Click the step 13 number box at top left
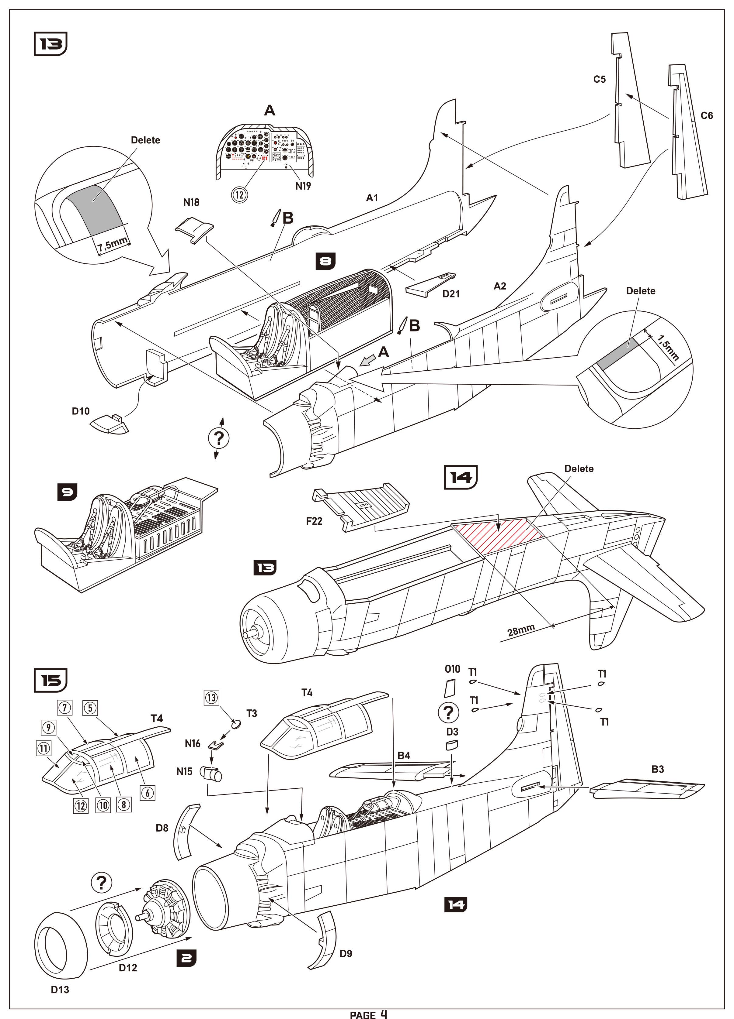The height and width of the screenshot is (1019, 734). pyautogui.click(x=50, y=44)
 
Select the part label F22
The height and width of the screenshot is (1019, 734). pyautogui.click(x=314, y=521)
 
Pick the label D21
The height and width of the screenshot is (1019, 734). pyautogui.click(x=451, y=294)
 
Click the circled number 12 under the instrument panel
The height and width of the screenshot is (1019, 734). pyautogui.click(x=239, y=194)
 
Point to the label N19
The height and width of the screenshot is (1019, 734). pyautogui.click(x=303, y=186)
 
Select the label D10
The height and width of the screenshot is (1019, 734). pyautogui.click(x=81, y=411)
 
